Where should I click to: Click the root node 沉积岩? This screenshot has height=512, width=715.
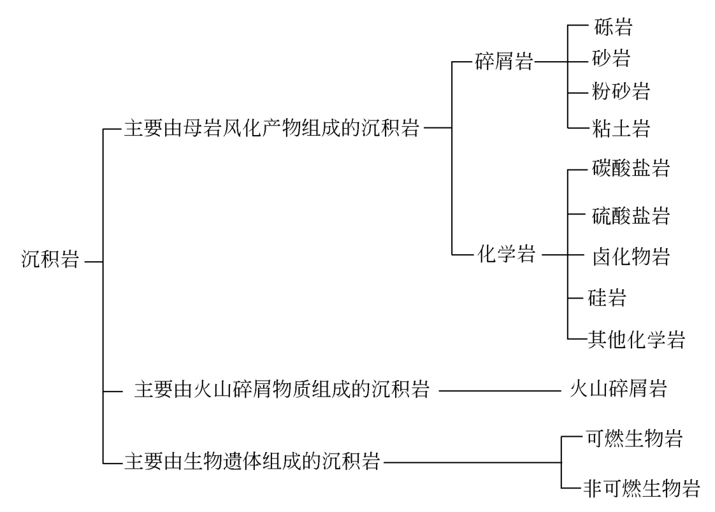(50, 260)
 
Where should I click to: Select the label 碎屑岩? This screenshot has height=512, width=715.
(504, 62)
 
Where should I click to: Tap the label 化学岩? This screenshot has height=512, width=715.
(507, 255)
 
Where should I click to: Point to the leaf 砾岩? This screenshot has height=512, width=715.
(612, 27)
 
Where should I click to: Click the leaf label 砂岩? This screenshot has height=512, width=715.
(611, 59)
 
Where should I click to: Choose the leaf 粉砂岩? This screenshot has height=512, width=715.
(621, 91)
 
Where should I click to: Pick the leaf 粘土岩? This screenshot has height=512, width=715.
(621, 129)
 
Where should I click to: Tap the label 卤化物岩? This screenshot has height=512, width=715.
(631, 257)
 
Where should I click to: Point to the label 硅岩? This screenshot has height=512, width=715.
(607, 297)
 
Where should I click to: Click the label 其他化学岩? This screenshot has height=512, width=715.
(635, 339)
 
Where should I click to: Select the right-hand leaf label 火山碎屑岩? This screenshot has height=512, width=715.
(618, 388)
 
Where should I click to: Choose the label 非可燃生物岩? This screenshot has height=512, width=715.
(642, 488)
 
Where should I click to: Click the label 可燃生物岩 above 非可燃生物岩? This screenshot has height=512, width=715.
(633, 439)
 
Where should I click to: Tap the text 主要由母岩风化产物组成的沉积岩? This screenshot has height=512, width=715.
(271, 128)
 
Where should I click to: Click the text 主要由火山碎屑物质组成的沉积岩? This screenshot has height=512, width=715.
(281, 389)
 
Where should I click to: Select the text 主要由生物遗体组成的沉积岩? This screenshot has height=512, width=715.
(252, 461)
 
